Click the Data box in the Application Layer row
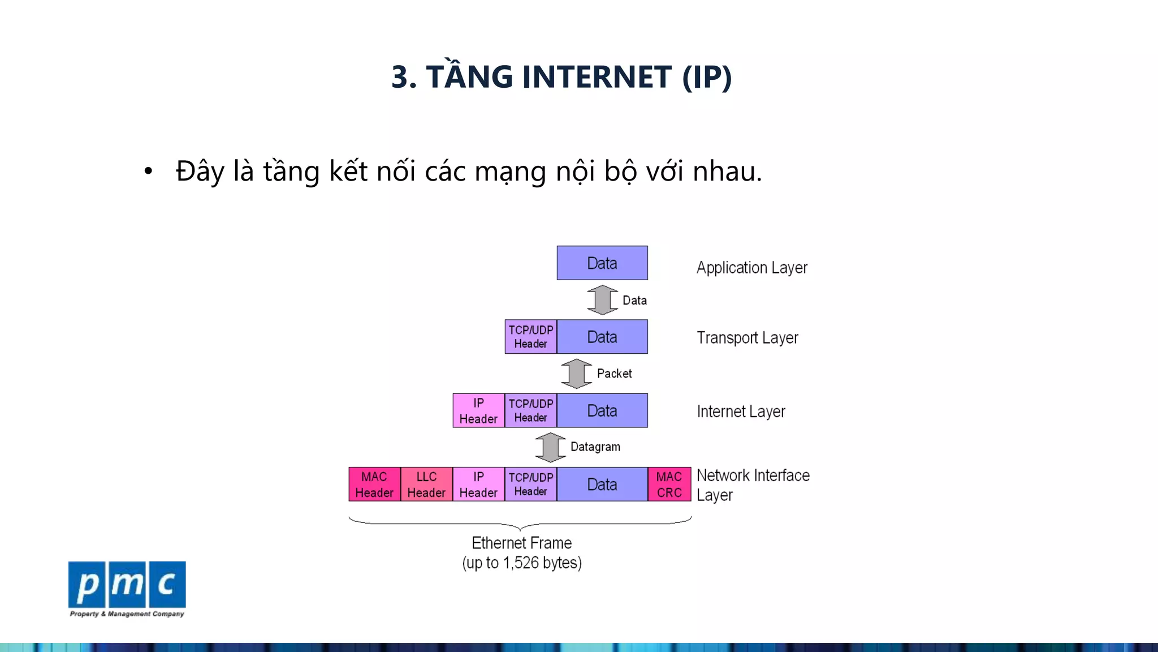pos(602,263)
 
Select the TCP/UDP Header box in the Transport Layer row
pos(530,337)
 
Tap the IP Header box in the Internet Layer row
pos(478,410)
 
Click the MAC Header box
pos(374,484)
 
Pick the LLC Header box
pos(426,484)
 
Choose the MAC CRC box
pos(669,484)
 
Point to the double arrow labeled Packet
pos(576,374)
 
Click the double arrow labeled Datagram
pos(550,447)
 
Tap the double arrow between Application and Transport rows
pos(602,300)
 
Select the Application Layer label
pos(751,268)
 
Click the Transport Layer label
pos(747,338)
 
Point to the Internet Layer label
pos(741,411)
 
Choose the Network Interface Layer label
pos(753,484)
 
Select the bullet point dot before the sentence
pos(148,171)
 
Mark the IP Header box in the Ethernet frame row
pos(478,484)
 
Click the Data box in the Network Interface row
pos(602,484)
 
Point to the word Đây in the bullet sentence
pos(200,171)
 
